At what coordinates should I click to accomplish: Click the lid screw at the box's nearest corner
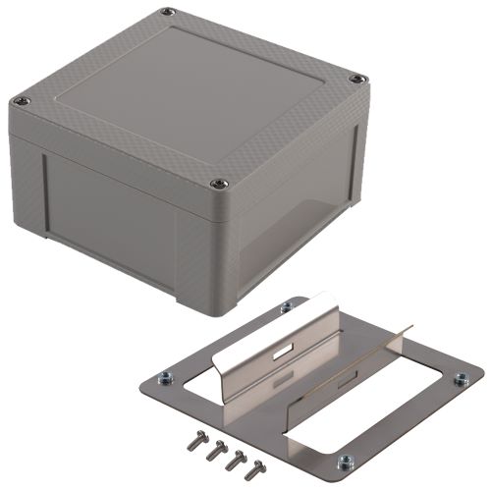(220, 182)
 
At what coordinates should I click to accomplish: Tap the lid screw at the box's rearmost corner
(168, 13)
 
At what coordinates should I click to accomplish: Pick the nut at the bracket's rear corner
(287, 308)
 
